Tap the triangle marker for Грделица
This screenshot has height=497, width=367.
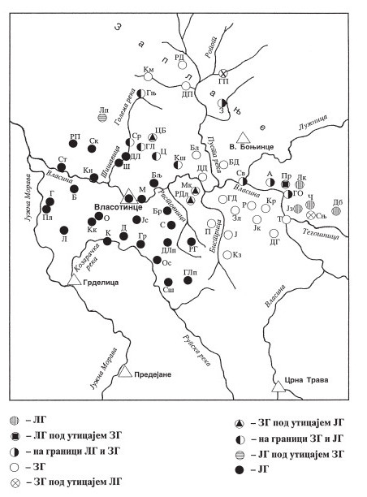tap(76, 279)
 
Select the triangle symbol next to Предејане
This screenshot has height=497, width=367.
tap(124, 370)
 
